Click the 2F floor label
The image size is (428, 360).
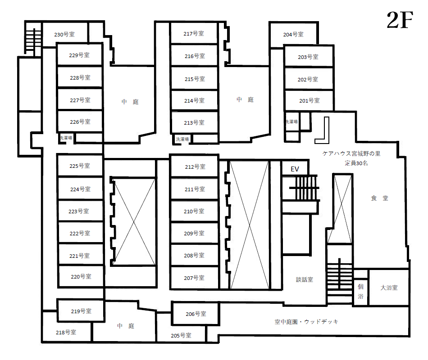click(x=400, y=20)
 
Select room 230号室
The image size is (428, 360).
click(x=65, y=35)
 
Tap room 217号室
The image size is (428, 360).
click(x=194, y=33)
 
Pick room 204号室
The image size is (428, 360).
click(x=293, y=34)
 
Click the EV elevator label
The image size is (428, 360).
click(x=295, y=169)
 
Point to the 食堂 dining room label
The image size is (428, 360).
click(x=379, y=198)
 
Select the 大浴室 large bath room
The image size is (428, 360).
click(x=389, y=288)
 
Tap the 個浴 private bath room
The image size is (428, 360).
click(x=360, y=292)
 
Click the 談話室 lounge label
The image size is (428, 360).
click(x=305, y=279)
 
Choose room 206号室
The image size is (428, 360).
click(x=196, y=314)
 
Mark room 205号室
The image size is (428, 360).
click(x=181, y=335)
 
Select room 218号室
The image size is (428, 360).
click(x=66, y=332)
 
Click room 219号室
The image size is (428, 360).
click(x=81, y=311)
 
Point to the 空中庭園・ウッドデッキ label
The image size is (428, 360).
click(x=306, y=322)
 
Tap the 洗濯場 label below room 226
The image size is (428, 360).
click(x=66, y=138)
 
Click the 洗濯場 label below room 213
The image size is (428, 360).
click(x=182, y=139)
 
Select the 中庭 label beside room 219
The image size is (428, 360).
click(x=126, y=326)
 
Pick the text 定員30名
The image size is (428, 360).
click(x=356, y=163)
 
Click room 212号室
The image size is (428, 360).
click(x=195, y=166)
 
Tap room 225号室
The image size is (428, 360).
click(x=80, y=166)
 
